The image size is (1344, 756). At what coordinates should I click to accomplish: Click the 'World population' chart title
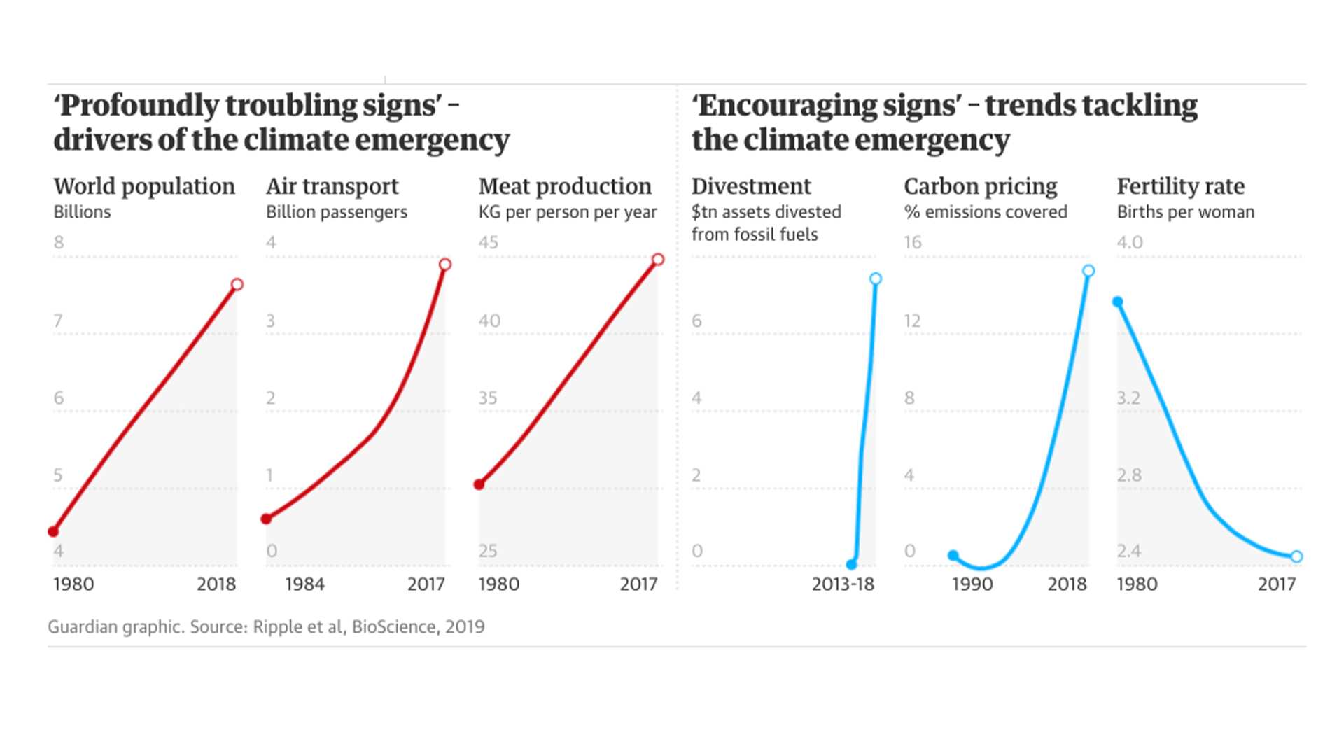[x=144, y=186]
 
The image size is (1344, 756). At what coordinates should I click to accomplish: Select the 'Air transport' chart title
[x=332, y=186]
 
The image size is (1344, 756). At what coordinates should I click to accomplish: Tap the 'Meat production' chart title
[x=565, y=186]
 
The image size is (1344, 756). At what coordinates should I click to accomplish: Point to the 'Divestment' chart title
[x=751, y=186]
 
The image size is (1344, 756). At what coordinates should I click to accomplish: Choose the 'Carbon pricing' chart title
[x=981, y=186]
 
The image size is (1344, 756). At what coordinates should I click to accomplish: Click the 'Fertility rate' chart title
[x=1180, y=186]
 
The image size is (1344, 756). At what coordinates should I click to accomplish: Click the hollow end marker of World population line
[x=237, y=284]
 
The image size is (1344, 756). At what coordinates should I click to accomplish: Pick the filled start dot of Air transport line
[x=266, y=519]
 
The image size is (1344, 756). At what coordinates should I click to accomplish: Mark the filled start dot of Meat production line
[x=479, y=484]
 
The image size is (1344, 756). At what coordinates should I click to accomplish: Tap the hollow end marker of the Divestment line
[x=876, y=279]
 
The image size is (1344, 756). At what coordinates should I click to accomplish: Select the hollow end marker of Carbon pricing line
[x=1088, y=271]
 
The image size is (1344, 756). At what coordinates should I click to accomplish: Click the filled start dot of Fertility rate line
[x=1118, y=302]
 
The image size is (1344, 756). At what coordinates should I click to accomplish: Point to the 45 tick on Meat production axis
[x=489, y=242]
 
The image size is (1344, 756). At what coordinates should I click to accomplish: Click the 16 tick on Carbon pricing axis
[x=913, y=242]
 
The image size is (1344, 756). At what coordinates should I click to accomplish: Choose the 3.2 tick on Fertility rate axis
[x=1128, y=398]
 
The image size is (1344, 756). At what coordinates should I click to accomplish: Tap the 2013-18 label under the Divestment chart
[x=843, y=584]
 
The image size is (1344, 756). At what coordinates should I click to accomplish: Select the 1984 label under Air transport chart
[x=304, y=584]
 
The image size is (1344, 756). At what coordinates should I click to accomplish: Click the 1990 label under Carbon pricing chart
[x=972, y=584]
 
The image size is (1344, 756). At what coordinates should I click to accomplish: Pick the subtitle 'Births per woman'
[x=1185, y=212]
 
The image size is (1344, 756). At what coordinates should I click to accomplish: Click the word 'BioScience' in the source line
[x=394, y=626]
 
